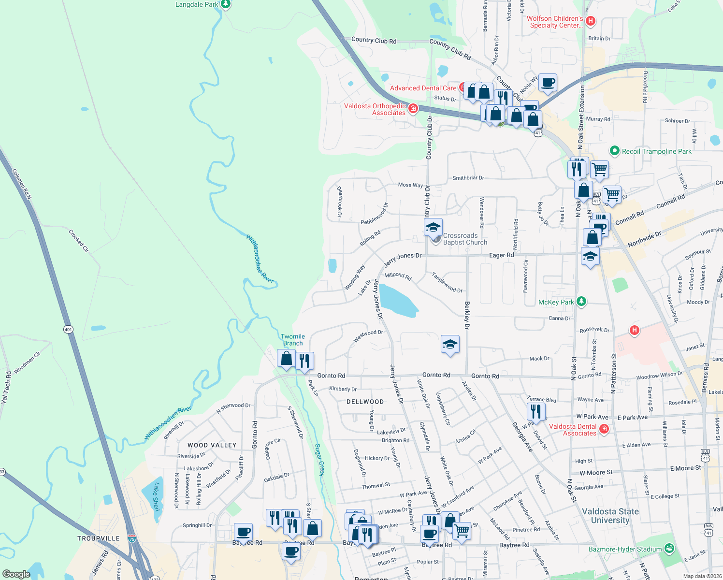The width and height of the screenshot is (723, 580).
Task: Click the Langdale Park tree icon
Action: [226, 4]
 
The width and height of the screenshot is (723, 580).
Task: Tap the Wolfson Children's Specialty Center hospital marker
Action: [590, 21]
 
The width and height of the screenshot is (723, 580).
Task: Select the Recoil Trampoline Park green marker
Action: [614, 151]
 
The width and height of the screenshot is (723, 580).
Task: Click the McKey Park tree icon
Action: [581, 302]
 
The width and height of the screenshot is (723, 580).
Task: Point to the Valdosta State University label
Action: [610, 516]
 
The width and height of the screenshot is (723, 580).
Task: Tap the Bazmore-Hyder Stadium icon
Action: [669, 549]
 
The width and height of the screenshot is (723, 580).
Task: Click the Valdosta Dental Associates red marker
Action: [604, 429]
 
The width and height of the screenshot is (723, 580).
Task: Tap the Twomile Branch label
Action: [293, 340]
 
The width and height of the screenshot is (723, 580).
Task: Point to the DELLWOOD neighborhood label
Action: [365, 402]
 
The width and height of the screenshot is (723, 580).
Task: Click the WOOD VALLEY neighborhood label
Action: [212, 445]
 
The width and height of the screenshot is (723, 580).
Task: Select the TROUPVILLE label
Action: [99, 538]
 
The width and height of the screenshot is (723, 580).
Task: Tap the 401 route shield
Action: [68, 330]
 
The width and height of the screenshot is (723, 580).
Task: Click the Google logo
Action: [16, 574]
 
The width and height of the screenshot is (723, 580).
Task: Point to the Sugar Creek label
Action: [319, 460]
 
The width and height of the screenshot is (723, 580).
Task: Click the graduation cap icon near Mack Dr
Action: [450, 344]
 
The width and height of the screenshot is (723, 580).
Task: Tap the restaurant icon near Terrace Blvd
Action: [536, 411]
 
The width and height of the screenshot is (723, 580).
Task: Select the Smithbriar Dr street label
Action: [468, 178]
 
